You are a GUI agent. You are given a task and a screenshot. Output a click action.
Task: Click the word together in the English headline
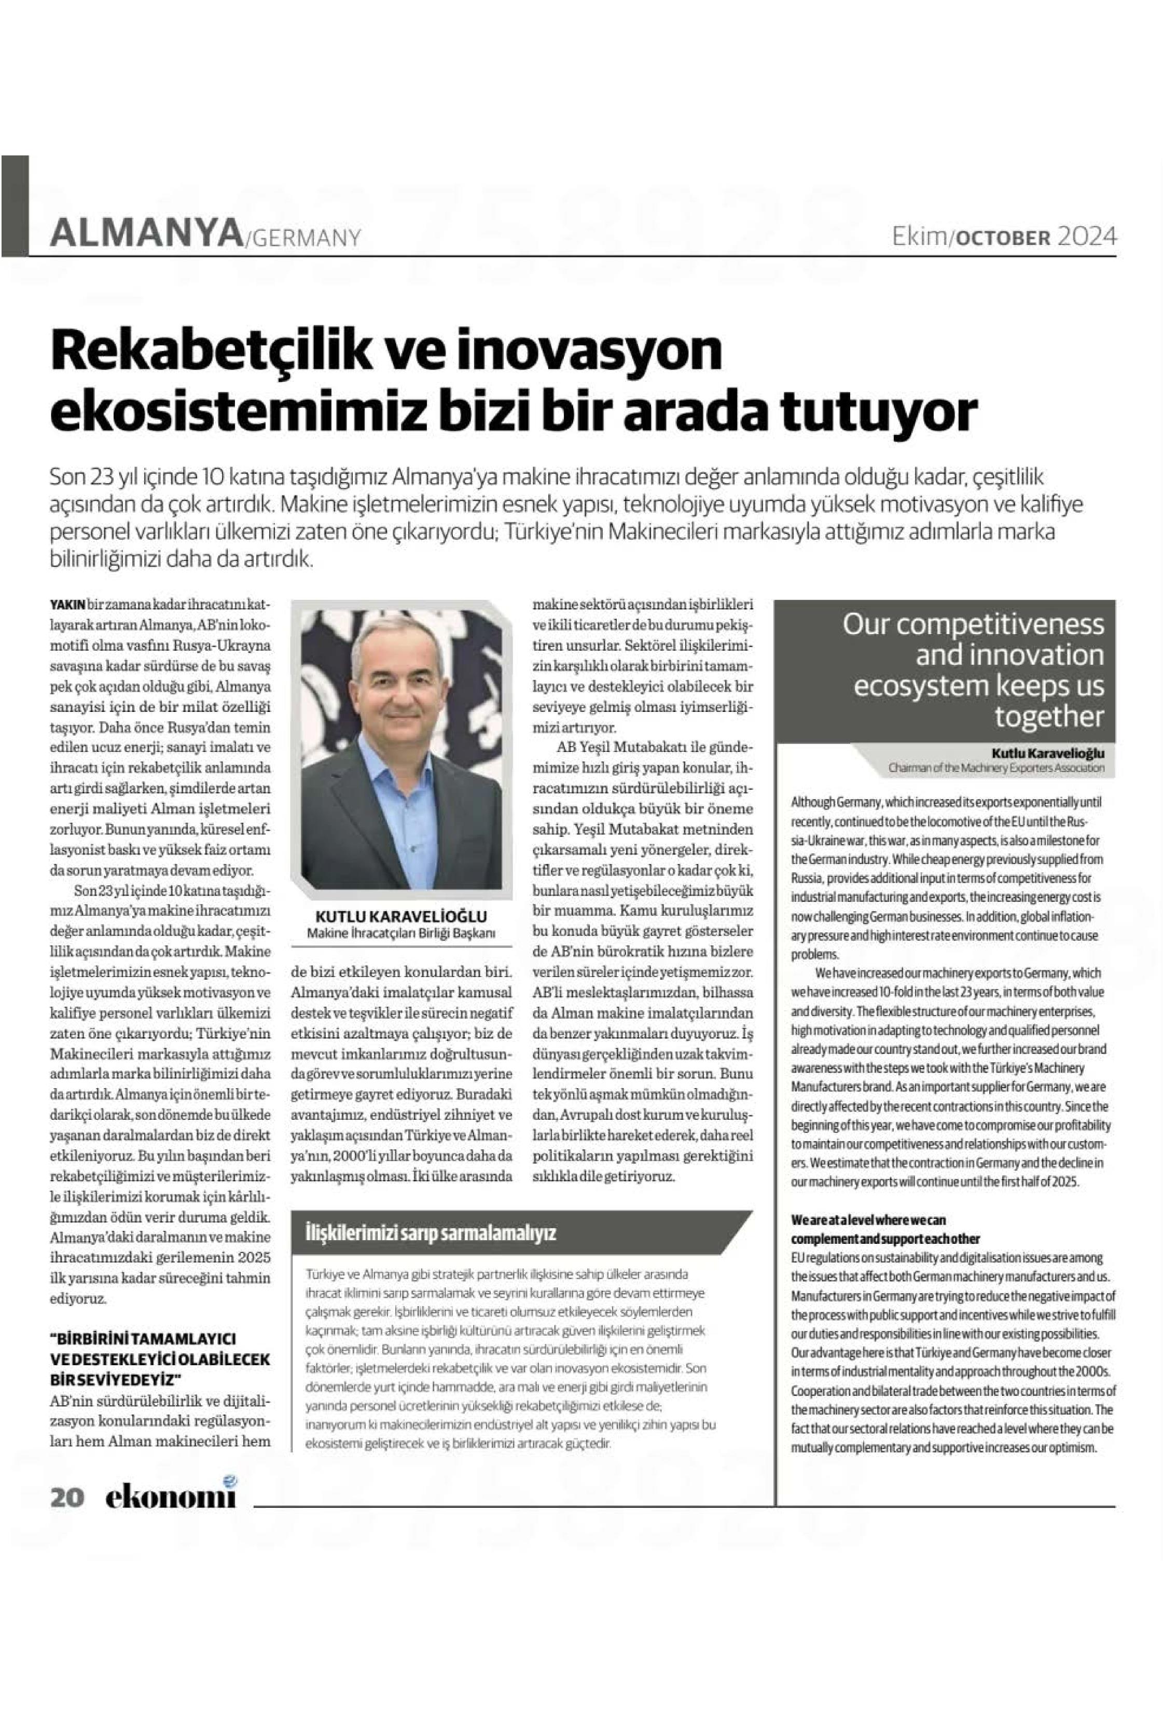(1049, 716)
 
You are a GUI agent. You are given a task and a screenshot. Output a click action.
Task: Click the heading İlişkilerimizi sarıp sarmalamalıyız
(431, 1232)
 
